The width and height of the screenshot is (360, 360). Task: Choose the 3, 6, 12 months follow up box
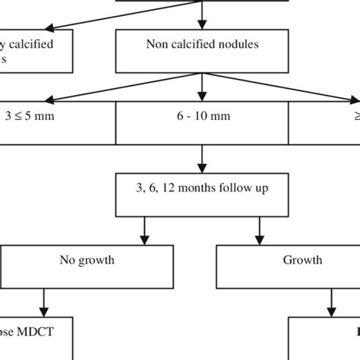[201, 194]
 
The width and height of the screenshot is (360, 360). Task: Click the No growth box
[87, 260]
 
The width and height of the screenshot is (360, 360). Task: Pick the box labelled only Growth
[302, 260]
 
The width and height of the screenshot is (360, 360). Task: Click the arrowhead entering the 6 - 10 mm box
[201, 96]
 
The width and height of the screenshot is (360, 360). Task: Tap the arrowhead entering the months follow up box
[201, 169]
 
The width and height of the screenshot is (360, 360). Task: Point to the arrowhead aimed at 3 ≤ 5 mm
[49, 98]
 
